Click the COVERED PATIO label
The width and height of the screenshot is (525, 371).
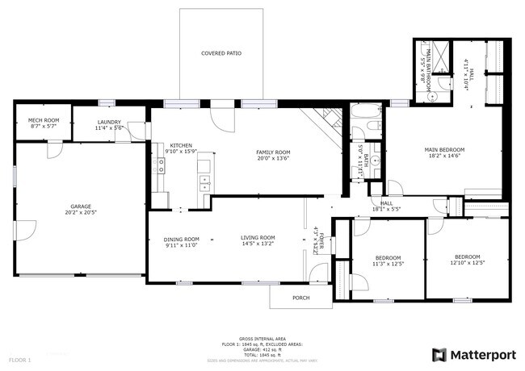pyautogui.click(x=221, y=53)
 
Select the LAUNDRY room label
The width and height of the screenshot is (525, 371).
pyautogui.click(x=108, y=121)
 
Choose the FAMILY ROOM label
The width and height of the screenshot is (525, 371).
pyautogui.click(x=273, y=152)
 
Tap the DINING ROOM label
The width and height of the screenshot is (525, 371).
pyautogui.click(x=181, y=239)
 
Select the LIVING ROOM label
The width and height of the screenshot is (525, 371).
pyautogui.click(x=258, y=237)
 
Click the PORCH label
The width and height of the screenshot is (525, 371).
pyautogui.click(x=300, y=297)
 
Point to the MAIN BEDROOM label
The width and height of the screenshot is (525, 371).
pyautogui.click(x=445, y=149)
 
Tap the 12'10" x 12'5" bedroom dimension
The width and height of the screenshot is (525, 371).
pyautogui.click(x=468, y=264)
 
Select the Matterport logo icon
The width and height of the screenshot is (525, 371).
pyautogui.click(x=439, y=354)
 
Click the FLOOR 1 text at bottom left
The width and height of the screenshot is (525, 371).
pyautogui.click(x=19, y=359)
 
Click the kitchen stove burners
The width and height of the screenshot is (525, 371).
pyautogui.click(x=161, y=166)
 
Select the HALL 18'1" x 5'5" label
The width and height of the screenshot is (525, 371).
pyautogui.click(x=386, y=206)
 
